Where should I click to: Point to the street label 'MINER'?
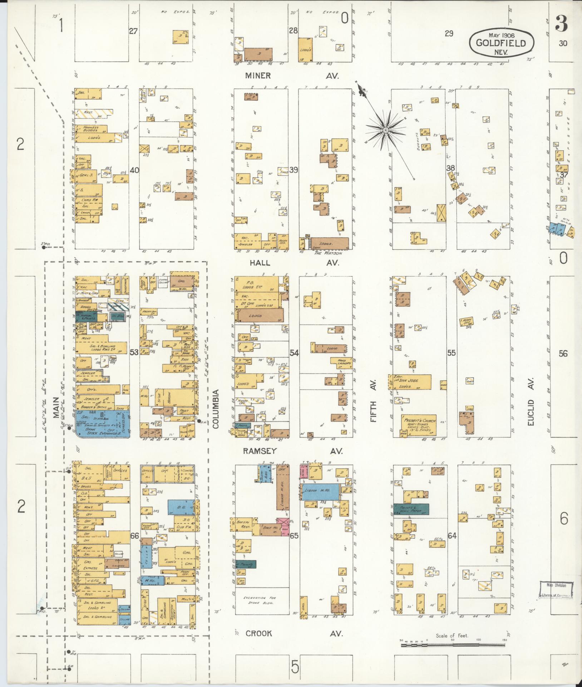tap(258, 76)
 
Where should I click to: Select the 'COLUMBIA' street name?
tap(216, 409)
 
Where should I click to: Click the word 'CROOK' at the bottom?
tap(258, 634)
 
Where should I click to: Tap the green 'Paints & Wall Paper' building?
tap(411, 509)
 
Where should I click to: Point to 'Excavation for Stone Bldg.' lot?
tap(255, 600)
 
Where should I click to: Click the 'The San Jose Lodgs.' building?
tap(410, 382)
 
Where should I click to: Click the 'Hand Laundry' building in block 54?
tap(341, 362)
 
